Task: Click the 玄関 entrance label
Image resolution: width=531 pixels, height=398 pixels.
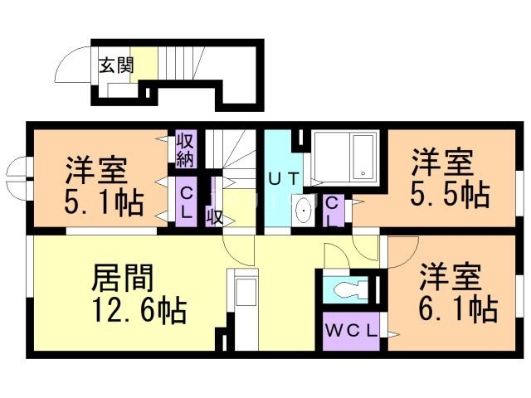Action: coord(116,66)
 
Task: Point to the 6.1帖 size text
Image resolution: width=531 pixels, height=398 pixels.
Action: coord(457,308)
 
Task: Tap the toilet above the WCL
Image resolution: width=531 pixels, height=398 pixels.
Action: coord(348,290)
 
